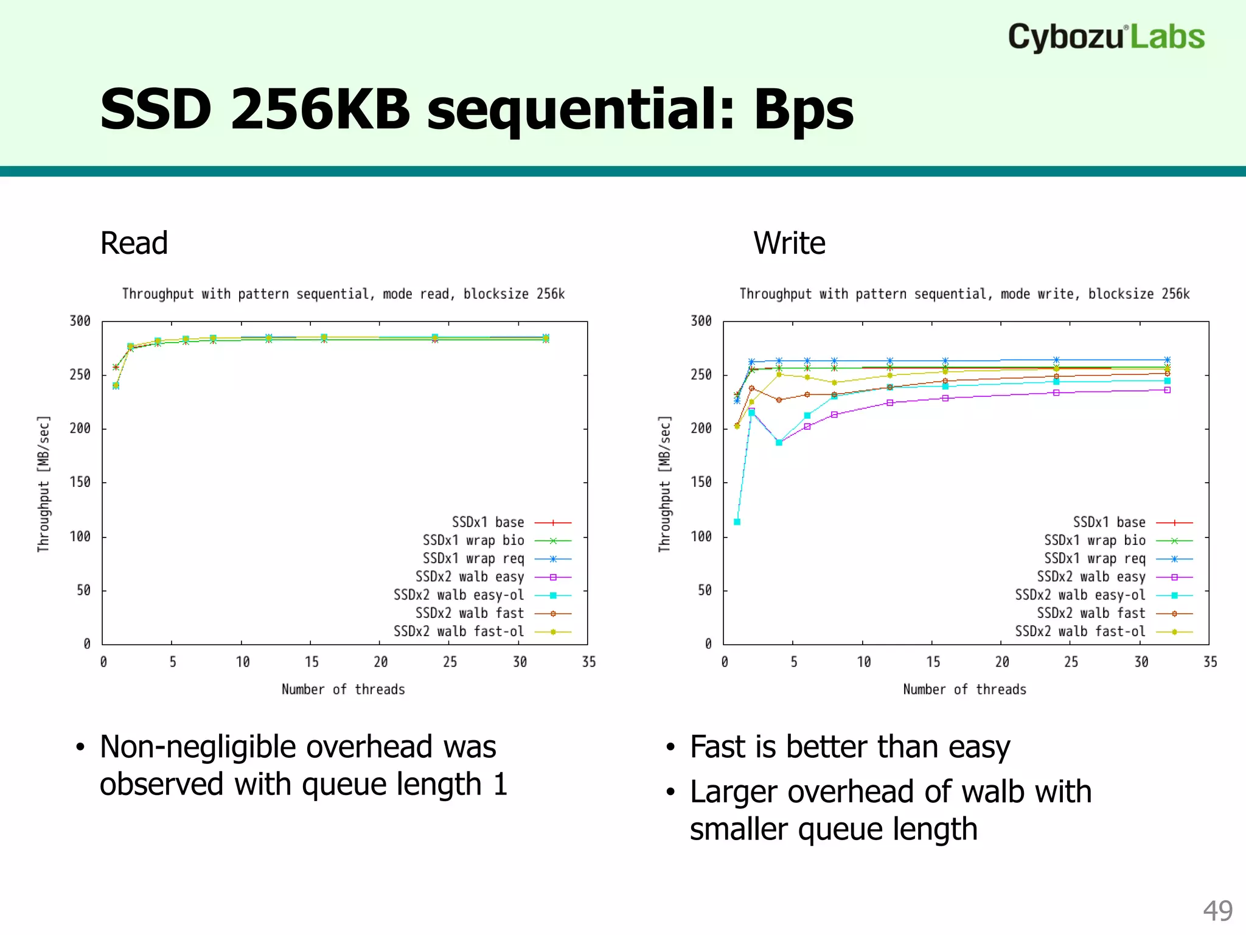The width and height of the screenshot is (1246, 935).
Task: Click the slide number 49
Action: point(1217,911)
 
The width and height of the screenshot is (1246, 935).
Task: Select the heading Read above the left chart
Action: point(134,243)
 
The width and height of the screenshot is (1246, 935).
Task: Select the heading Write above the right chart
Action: point(789,243)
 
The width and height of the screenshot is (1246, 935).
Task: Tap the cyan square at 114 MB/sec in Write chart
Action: point(737,522)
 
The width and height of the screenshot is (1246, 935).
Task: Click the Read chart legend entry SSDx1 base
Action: point(488,522)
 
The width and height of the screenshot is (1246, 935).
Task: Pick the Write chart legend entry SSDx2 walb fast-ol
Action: point(1080,631)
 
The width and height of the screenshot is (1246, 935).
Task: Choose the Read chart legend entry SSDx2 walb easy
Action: point(470,576)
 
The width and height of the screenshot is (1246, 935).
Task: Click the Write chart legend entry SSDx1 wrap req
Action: point(1095,558)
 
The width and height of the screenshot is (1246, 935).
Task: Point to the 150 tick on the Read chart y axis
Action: point(80,482)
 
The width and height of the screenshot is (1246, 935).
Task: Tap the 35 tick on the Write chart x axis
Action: point(1210,662)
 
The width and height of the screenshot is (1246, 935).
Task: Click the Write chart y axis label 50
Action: point(705,590)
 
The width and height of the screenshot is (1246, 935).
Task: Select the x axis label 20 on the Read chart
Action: point(381,662)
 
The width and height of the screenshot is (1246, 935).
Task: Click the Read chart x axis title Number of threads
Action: point(343,689)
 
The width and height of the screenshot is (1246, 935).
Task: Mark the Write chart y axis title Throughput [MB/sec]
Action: point(664,484)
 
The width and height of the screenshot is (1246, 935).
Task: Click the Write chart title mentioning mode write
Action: point(964,294)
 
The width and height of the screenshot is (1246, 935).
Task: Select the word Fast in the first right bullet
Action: point(717,747)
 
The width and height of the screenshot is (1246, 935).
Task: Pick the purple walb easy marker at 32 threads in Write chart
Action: point(1168,390)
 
